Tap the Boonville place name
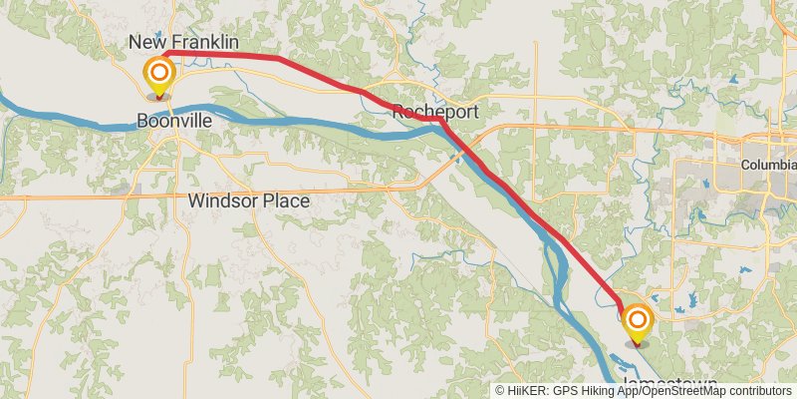pyautogui.click(x=174, y=120)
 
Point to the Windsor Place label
pyautogui.click(x=248, y=200)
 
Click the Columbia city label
pyautogui.click(x=768, y=164)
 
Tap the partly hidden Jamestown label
pyautogui.click(x=669, y=383)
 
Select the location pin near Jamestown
pyautogui.click(x=637, y=325)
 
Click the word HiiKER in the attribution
pyautogui.click(x=526, y=391)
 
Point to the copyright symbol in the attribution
pyautogui.click(x=500, y=391)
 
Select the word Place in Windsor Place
pyautogui.click(x=285, y=200)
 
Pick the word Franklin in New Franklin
pyautogui.click(x=203, y=42)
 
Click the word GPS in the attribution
pyautogui.click(x=563, y=391)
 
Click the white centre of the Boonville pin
pyautogui.click(x=158, y=72)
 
